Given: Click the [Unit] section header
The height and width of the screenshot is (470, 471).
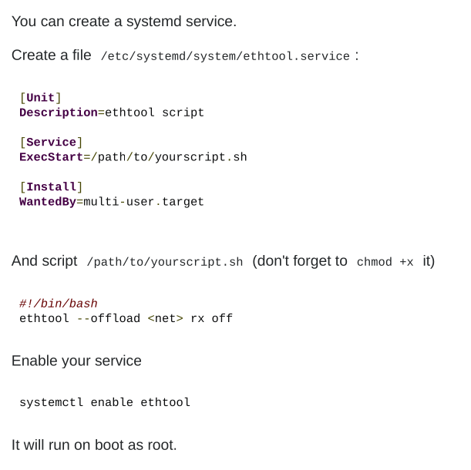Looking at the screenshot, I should coord(40,98).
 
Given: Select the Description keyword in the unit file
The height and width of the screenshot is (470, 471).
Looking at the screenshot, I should coord(59,112).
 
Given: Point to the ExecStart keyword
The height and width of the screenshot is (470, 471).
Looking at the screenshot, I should coord(51,157).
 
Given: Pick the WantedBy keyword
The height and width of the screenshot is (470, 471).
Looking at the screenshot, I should coord(47,202).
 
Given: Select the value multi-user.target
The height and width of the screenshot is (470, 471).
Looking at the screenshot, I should coord(143,202).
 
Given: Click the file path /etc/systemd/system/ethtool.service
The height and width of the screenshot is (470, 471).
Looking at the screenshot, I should coord(225,57).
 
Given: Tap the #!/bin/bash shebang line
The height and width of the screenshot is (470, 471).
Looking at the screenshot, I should coord(59,304).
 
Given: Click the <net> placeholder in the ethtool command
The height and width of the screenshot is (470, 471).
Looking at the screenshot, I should coord(165,318).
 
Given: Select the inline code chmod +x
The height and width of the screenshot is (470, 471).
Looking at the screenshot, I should coord(385,263).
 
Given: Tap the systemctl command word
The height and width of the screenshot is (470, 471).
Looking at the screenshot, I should coord(51,402).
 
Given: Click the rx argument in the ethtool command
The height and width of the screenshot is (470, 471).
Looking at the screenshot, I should coord(197,318).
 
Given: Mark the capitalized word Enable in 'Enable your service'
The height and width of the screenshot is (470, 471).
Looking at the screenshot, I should coord(34,361).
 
